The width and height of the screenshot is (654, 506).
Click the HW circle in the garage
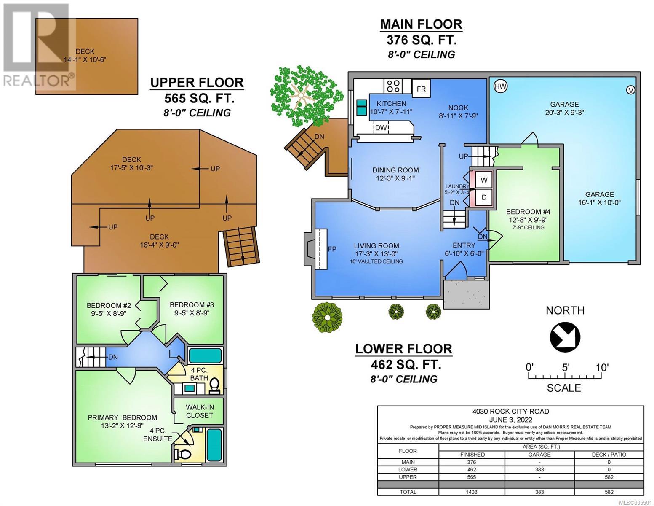[x=501, y=87]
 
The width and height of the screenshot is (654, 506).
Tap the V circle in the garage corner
[x=630, y=90]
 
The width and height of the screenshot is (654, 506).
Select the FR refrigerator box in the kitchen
[x=421, y=89]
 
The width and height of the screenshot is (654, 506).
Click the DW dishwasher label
[x=381, y=128]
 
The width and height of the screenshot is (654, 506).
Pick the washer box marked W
[x=483, y=180]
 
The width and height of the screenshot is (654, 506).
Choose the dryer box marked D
[x=483, y=197]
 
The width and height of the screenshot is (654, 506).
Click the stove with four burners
[x=393, y=86]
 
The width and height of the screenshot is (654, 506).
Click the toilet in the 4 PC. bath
[x=214, y=386]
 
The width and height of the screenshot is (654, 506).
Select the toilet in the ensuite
[x=183, y=454]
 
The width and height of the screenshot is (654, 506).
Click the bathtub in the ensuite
[x=214, y=445]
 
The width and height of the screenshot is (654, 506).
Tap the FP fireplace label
[x=332, y=249]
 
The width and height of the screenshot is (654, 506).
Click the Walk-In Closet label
[x=200, y=411]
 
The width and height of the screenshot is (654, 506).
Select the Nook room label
[x=458, y=108]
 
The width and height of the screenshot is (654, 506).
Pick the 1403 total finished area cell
[x=472, y=492]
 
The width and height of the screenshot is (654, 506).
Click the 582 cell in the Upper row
[x=609, y=477]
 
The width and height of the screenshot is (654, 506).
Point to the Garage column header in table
[x=539, y=455]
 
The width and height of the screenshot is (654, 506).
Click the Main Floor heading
[x=421, y=24]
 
